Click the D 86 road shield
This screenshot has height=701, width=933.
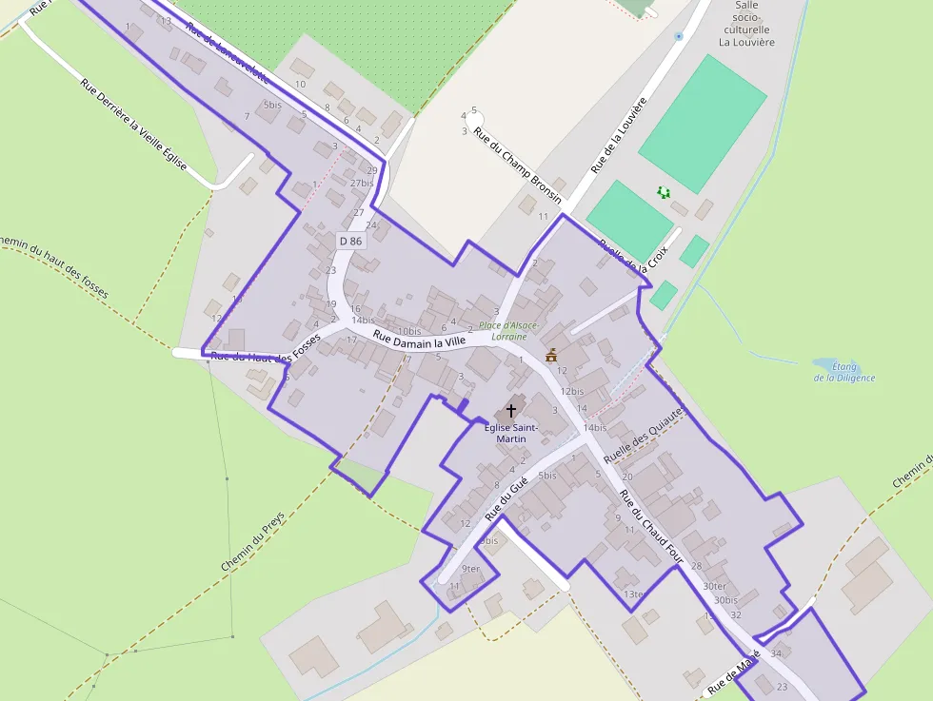pyautogui.click(x=350, y=242)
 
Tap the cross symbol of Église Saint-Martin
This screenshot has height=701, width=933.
pyautogui.click(x=511, y=411)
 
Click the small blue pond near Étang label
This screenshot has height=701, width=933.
pyautogui.click(x=824, y=363)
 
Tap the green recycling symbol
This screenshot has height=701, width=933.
pyautogui.click(x=664, y=193)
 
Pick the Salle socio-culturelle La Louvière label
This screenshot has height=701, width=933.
pyautogui.click(x=746, y=24)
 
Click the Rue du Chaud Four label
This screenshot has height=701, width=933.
pyautogui.click(x=651, y=528)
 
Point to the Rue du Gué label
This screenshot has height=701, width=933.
pyautogui.click(x=506, y=499)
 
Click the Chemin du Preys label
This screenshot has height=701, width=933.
pyautogui.click(x=252, y=541)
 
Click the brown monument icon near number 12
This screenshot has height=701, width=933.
pyautogui.click(x=551, y=356)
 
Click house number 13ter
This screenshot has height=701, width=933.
pyautogui.click(x=634, y=594)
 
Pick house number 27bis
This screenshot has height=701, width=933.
pyautogui.click(x=362, y=183)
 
